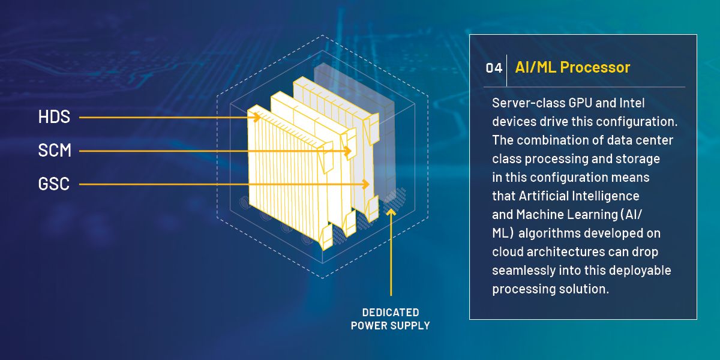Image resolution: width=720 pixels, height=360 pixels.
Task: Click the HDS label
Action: click(x=54, y=116)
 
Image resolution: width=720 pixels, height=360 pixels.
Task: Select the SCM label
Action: click(x=55, y=151)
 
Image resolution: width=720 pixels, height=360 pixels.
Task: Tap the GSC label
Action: click(x=53, y=184)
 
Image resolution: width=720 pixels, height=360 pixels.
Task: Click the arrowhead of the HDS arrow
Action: click(x=257, y=118)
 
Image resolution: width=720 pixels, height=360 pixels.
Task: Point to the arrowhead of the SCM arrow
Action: click(x=347, y=151)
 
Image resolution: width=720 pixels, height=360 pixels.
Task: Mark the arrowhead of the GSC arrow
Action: click(x=365, y=184)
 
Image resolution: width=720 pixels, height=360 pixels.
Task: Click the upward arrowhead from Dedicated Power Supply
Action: click(x=391, y=212)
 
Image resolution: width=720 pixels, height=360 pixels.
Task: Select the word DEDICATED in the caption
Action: click(x=391, y=313)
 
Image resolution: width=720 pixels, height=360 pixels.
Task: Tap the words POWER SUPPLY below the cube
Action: click(x=390, y=326)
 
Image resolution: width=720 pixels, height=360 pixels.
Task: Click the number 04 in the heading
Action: click(x=494, y=68)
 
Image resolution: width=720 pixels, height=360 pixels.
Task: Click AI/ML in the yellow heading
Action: click(x=535, y=67)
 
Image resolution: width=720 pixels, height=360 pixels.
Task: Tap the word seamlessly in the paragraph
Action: click(x=524, y=271)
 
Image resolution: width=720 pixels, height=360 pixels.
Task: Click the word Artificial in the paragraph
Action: click(x=538, y=196)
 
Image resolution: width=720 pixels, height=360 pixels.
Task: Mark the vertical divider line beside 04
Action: click(x=507, y=70)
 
